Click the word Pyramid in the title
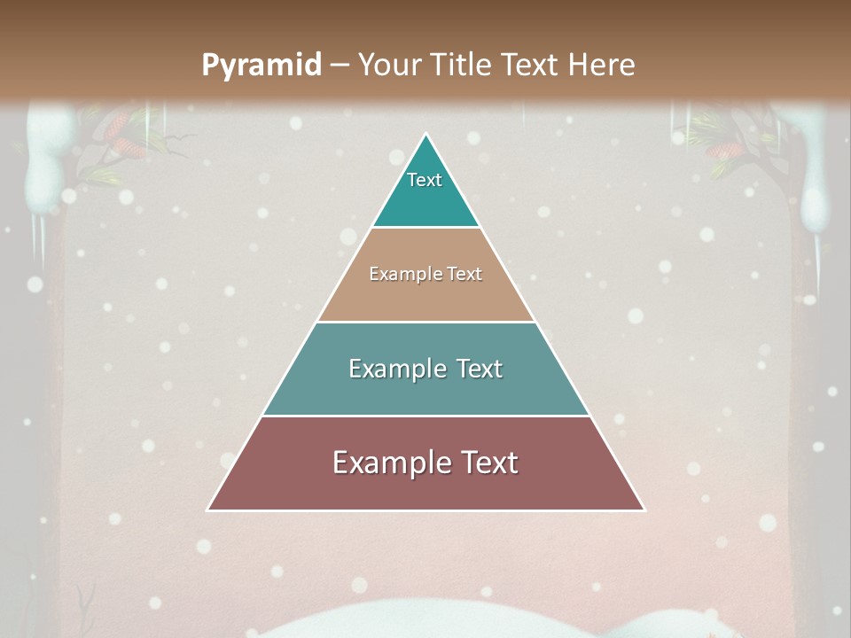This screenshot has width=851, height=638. click(x=262, y=66)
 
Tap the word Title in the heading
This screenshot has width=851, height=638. click(x=465, y=65)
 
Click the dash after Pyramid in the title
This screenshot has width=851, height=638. click(x=340, y=66)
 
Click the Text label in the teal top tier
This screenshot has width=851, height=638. click(x=425, y=180)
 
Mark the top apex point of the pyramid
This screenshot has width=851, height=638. click(x=426, y=134)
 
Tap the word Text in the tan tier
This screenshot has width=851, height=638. click(x=465, y=274)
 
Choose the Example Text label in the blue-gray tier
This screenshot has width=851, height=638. click(x=425, y=369)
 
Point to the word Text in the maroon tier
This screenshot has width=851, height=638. click(x=487, y=463)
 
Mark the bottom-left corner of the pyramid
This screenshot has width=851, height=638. click(x=207, y=510)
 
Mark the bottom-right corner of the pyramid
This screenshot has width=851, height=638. click(x=644, y=510)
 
